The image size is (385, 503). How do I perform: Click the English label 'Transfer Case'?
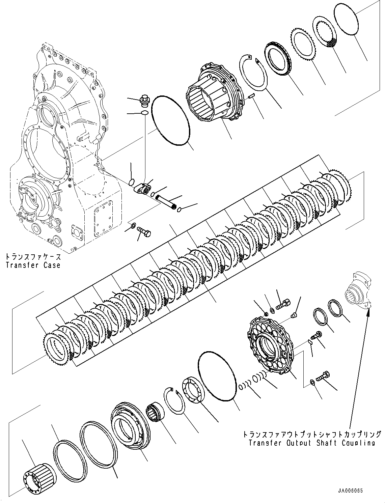click(x=33, y=265)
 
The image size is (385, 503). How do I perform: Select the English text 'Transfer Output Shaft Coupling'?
click(x=311, y=443)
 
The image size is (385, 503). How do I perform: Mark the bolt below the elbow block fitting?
click(x=144, y=232)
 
